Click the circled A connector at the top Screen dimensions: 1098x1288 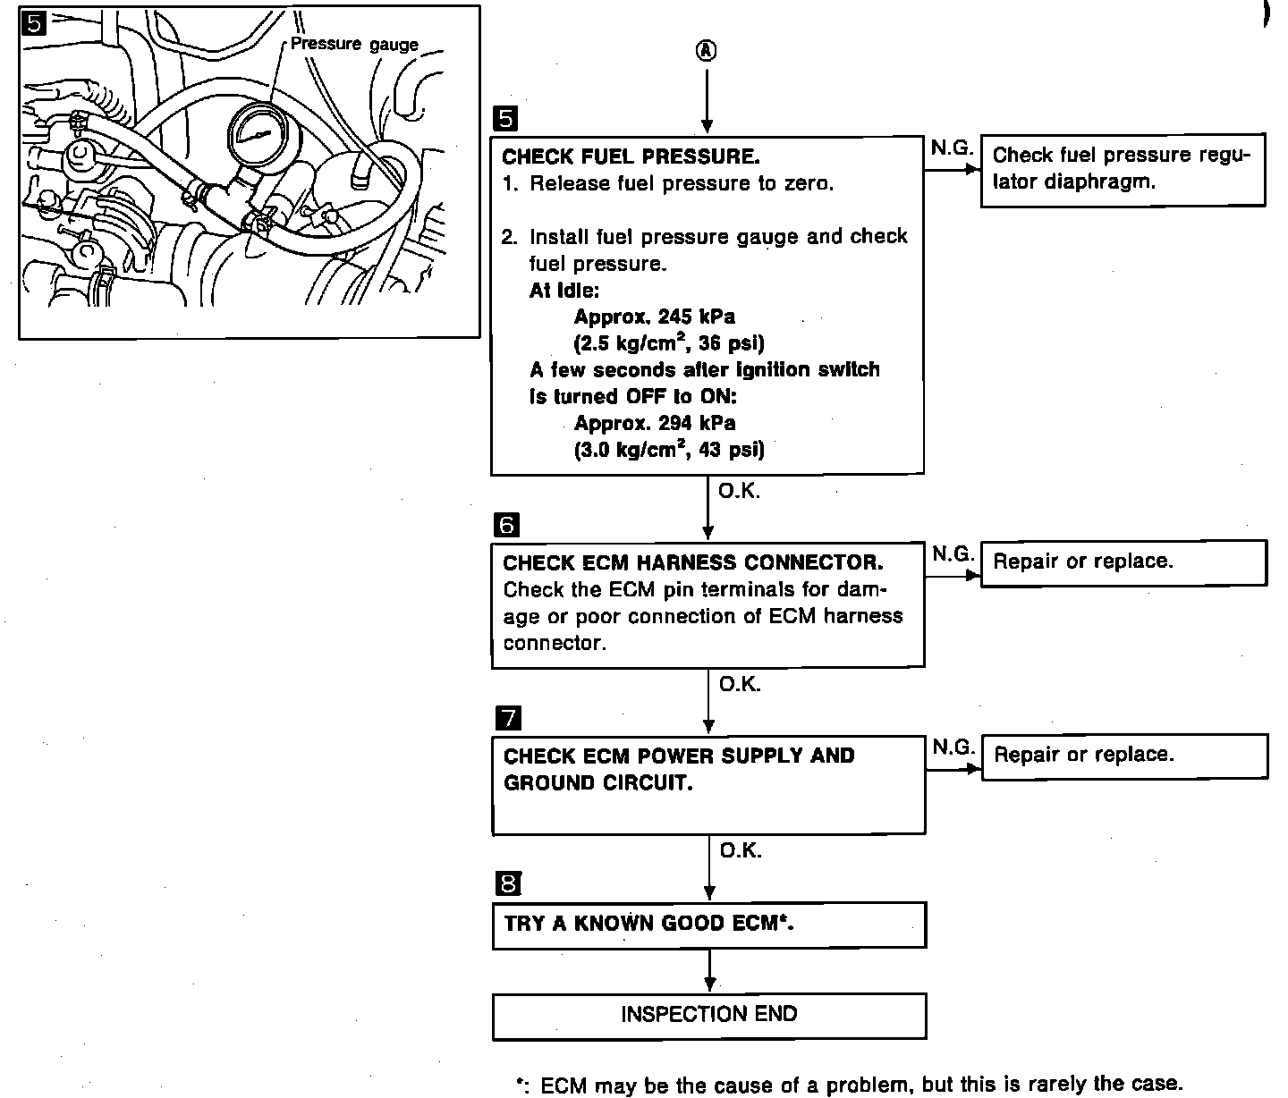point(707,51)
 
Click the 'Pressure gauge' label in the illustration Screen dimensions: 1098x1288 point(354,44)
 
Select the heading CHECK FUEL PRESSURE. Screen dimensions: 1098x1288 point(631,156)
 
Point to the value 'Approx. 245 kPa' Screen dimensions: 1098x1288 point(655,317)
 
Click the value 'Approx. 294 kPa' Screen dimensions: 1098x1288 point(655,423)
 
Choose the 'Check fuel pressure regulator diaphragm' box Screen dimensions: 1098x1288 point(1123,170)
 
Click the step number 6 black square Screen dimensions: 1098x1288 point(506,525)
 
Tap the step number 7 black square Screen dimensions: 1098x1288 point(508,718)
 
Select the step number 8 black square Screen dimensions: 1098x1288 point(508,884)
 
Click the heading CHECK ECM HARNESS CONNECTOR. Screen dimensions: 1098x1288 point(693,562)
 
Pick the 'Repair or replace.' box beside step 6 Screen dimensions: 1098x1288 point(1123,562)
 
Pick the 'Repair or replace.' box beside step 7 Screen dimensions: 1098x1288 point(1123,756)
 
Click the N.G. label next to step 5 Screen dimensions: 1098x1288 point(951,148)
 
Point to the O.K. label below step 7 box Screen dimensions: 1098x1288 point(741,850)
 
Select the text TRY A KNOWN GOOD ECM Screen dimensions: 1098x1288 point(649,924)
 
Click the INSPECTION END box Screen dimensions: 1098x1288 point(709,1015)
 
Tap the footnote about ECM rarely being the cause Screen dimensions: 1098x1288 point(850,1085)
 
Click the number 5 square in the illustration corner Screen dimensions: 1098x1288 point(33,24)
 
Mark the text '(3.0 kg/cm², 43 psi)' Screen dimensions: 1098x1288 point(669,450)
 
